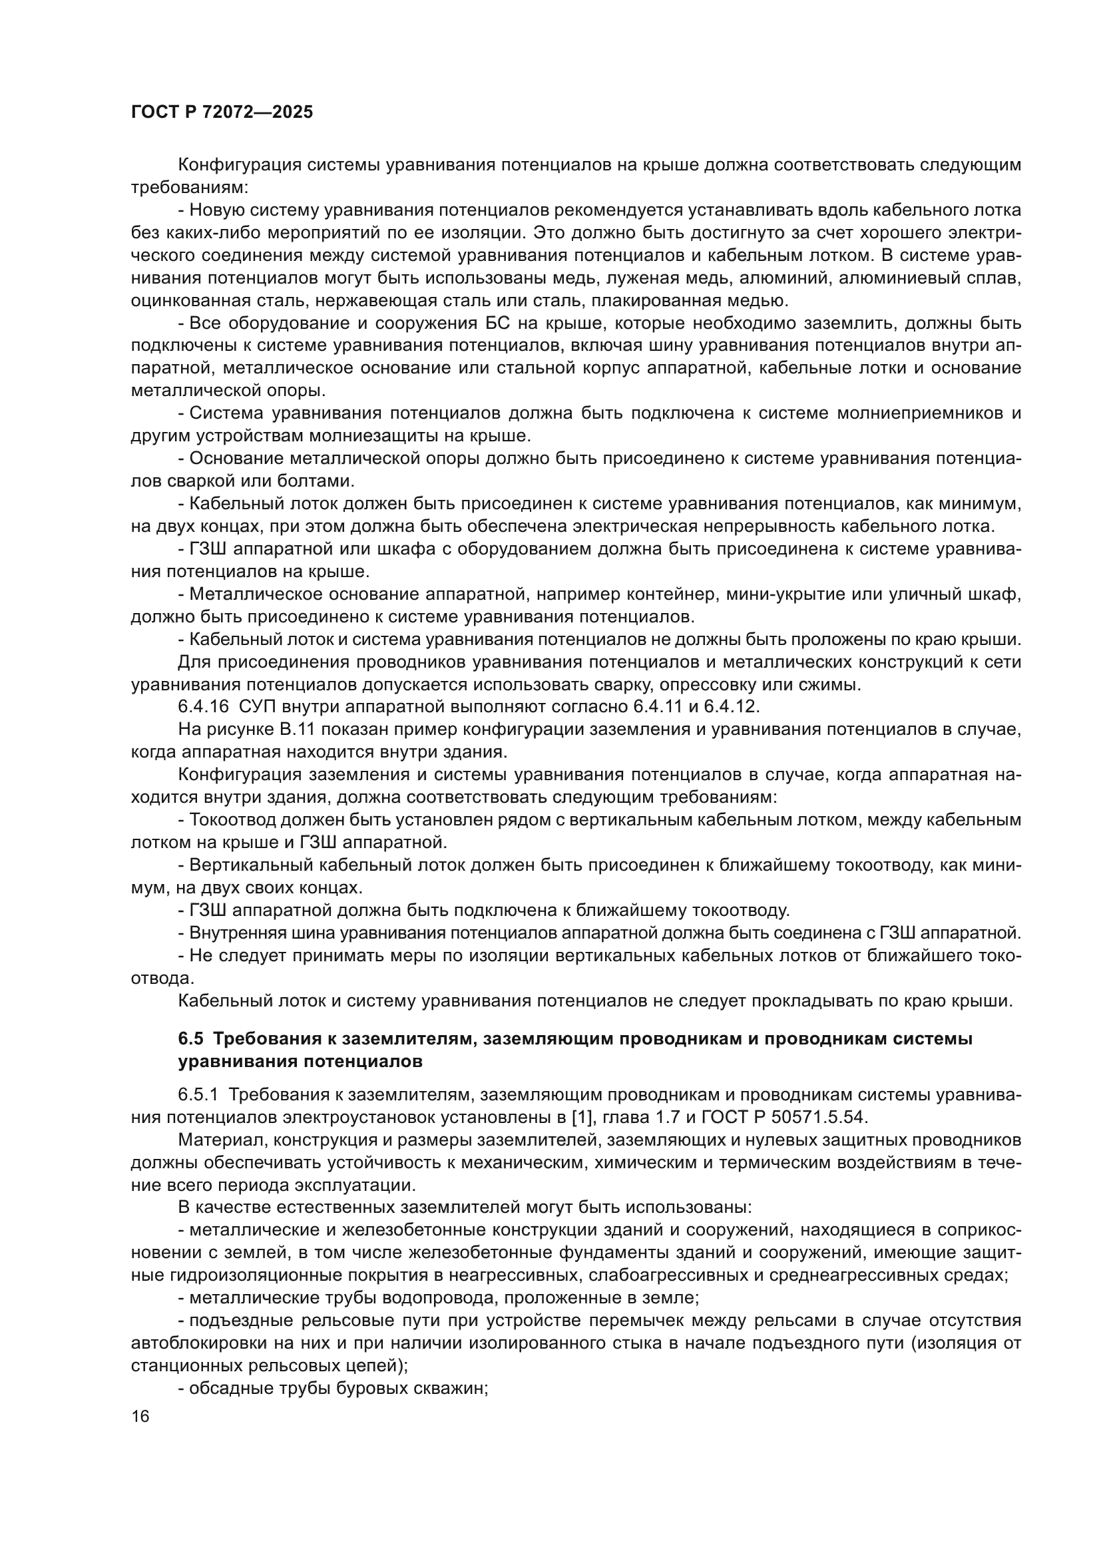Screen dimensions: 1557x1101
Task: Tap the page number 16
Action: (x=140, y=1417)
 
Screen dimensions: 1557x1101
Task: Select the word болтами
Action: (x=323, y=481)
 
